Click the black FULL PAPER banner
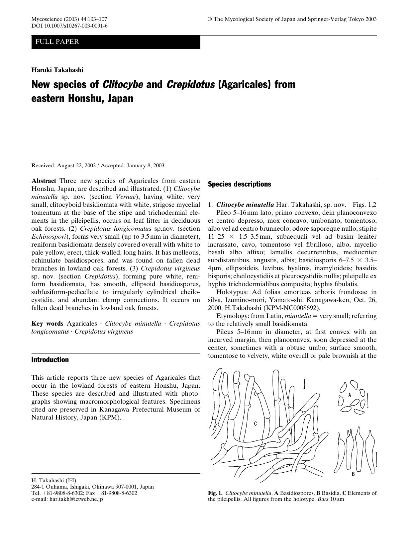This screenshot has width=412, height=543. [x=116, y=42]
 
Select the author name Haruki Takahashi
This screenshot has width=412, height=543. [x=57, y=70]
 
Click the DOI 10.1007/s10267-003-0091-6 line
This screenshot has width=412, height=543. [x=69, y=26]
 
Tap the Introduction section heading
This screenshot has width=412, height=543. [x=50, y=360]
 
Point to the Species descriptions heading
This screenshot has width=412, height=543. [x=239, y=184]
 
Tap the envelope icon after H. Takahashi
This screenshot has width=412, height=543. [x=71, y=480]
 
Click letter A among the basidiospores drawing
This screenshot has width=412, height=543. [x=350, y=395]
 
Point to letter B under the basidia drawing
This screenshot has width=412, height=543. [x=353, y=474]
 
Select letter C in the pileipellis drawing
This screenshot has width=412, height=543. [x=255, y=424]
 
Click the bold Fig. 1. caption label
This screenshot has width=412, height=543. [x=215, y=493]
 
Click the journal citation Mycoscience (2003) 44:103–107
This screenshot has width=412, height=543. [x=69, y=19]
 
